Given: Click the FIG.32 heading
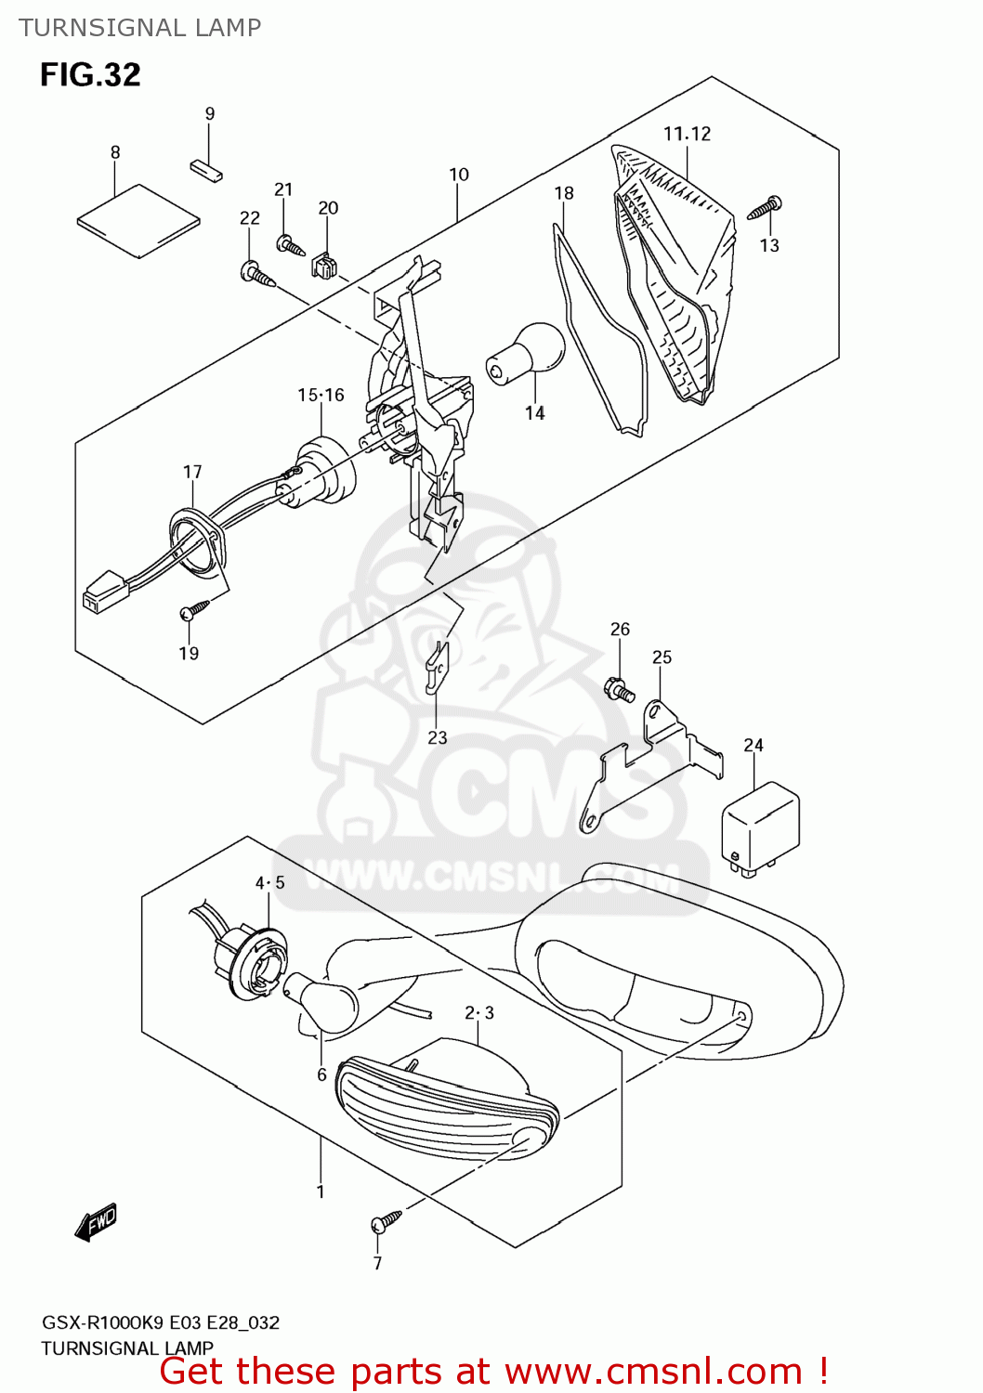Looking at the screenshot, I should (90, 74).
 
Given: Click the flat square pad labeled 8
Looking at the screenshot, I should (138, 220).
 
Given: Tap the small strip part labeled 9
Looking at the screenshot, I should (206, 171).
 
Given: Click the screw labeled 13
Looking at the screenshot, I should (765, 208).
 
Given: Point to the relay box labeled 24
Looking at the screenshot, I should (760, 825).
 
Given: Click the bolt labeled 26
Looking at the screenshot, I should (620, 690).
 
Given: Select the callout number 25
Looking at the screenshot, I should (662, 657).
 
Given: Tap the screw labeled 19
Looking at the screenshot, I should (194, 610).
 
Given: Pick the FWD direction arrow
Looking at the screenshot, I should (97, 1222).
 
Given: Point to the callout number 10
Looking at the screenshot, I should (459, 175).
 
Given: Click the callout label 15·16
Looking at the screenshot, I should (321, 395).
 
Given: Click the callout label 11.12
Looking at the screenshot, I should (687, 134).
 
